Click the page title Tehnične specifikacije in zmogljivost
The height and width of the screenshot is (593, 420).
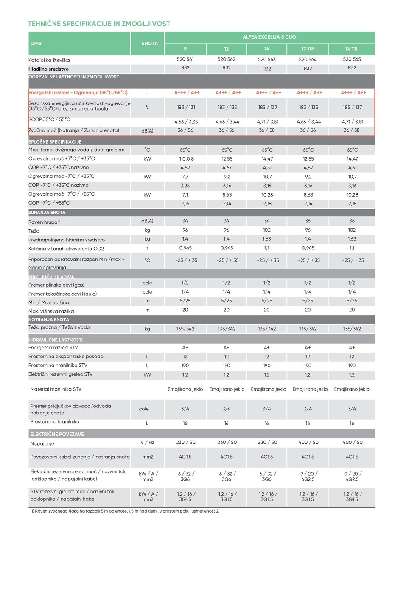tap(99, 24)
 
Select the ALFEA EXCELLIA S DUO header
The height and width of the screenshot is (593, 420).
tap(269, 37)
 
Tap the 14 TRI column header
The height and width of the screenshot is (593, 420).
tap(352, 49)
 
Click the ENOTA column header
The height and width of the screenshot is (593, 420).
tap(149, 44)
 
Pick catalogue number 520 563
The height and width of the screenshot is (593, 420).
tap(266, 59)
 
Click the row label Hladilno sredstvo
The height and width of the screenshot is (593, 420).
tap(48, 69)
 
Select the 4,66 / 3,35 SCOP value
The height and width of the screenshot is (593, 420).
tap(186, 122)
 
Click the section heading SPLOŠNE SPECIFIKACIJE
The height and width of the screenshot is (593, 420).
tap(55, 142)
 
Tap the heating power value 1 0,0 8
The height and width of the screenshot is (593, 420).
tap(186, 159)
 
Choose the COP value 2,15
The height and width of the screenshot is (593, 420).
tap(185, 204)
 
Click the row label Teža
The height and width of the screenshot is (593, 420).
tap(34, 231)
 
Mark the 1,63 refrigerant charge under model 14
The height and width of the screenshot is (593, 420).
tap(266, 239)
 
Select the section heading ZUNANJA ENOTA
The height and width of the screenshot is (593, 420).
tap(47, 213)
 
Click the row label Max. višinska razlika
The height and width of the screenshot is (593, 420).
tap(51, 311)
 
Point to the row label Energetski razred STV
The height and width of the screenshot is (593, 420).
tap(53, 348)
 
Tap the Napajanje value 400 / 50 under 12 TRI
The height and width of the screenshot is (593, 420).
tap(308, 443)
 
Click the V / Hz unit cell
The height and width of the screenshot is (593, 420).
tap(147, 443)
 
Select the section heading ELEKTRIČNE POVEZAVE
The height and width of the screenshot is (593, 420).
tap(57, 434)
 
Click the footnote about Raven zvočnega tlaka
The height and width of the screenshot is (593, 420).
tap(124, 511)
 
